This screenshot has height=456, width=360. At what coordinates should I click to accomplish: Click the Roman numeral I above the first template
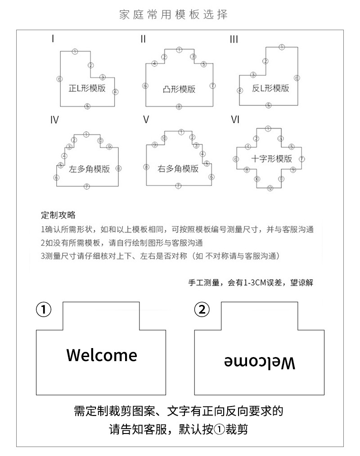[53, 39]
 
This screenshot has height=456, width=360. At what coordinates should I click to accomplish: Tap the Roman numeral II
[143, 39]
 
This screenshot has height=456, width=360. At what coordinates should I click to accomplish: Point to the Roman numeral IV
[54, 120]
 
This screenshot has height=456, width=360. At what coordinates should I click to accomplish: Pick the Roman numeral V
[145, 120]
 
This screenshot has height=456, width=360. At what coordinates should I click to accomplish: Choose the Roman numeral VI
[235, 120]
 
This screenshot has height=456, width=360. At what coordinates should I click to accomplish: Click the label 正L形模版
[87, 88]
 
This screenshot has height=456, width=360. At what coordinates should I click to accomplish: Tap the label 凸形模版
[179, 89]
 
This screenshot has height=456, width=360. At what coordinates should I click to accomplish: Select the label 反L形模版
[270, 88]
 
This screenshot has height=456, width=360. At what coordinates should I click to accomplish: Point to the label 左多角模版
[89, 170]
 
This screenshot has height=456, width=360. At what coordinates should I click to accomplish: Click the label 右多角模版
[178, 169]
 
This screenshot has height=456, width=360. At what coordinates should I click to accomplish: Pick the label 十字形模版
[271, 159]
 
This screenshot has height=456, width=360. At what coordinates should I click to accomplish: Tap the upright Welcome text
[102, 355]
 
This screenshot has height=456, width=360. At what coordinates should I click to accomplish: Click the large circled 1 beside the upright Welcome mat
[44, 309]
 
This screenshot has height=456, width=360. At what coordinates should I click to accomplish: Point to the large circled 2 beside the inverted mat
[202, 309]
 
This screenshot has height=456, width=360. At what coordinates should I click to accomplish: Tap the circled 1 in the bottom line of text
[218, 430]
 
